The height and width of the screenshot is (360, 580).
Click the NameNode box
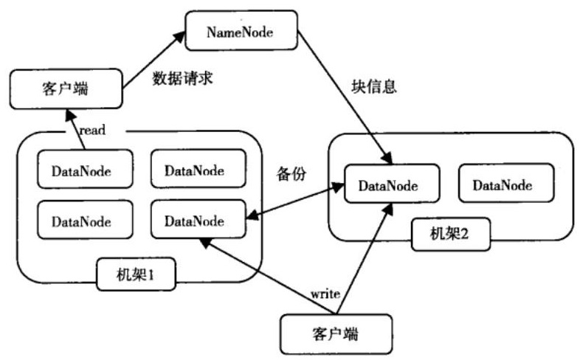(x=241, y=30)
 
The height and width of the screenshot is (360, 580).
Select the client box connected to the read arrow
(x=66, y=89)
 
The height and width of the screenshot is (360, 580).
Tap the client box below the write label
(x=336, y=334)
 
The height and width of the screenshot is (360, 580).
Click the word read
(x=92, y=130)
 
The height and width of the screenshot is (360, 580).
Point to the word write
(x=325, y=294)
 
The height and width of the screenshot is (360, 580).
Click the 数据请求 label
(x=183, y=78)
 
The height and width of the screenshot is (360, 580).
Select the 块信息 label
(x=374, y=87)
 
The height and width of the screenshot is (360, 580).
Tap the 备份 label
(x=291, y=173)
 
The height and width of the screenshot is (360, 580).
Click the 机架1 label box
(x=136, y=274)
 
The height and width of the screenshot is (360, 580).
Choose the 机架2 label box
(x=451, y=234)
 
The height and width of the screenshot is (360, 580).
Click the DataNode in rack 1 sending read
(x=85, y=169)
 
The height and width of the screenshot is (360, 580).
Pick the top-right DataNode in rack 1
(x=198, y=168)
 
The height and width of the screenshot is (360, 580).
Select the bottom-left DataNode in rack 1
(x=85, y=220)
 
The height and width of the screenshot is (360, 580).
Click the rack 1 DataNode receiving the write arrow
(x=198, y=219)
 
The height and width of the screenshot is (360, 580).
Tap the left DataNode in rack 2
(x=392, y=184)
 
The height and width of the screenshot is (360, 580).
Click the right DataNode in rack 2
(x=506, y=184)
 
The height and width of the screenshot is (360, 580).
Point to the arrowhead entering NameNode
(x=180, y=37)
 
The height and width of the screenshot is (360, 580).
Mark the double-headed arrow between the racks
(x=295, y=201)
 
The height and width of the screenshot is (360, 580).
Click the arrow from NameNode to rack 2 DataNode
(x=345, y=97)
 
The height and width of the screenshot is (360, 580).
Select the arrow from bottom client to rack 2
(x=364, y=259)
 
